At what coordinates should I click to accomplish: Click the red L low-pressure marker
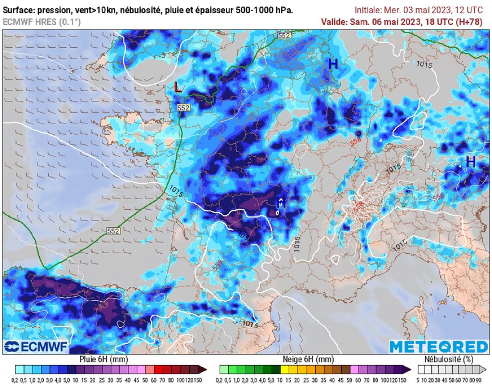[x=178, y=87]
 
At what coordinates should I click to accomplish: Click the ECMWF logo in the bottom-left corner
[x=37, y=347]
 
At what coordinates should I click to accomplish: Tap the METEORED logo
[x=438, y=347]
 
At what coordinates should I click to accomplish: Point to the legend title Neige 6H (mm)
[x=308, y=359]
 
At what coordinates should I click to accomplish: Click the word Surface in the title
[x=18, y=10]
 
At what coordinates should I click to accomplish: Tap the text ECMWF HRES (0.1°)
[x=42, y=22]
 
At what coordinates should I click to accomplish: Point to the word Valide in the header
[x=333, y=22]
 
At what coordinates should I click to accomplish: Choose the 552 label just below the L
[x=183, y=108]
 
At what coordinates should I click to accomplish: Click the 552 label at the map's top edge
[x=284, y=36]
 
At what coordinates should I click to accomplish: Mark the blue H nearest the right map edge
[x=470, y=162]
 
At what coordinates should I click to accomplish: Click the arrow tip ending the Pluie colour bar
[x=205, y=369]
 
